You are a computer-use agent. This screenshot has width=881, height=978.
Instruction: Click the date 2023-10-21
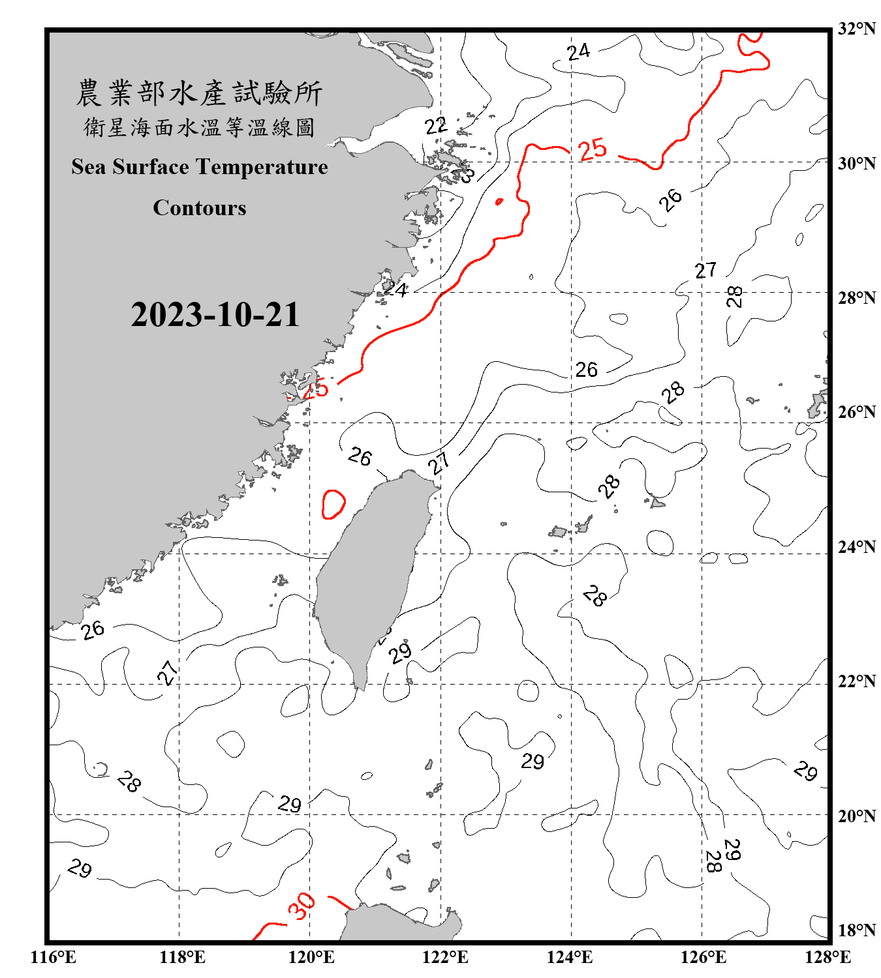tap(215, 315)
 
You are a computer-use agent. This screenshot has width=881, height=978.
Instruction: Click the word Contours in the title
tap(199, 208)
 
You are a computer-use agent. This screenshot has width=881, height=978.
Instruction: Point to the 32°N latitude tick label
tap(856, 29)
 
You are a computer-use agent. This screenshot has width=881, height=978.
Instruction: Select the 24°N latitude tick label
tap(856, 547)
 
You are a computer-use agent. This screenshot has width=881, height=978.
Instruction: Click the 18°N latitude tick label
tap(856, 930)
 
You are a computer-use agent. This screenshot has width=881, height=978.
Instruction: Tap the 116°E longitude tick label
tap(53, 957)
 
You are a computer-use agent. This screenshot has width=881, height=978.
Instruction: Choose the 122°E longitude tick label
tap(445, 957)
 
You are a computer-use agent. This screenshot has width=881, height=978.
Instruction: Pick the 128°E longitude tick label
tap(827, 957)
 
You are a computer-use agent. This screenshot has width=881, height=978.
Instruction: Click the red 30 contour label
tap(301, 906)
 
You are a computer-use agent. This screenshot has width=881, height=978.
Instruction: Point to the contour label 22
tap(435, 125)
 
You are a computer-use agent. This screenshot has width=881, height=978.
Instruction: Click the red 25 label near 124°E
tap(593, 150)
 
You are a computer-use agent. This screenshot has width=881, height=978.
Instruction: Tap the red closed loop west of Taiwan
tap(333, 504)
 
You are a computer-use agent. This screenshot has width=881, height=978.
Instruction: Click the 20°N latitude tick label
tap(856, 816)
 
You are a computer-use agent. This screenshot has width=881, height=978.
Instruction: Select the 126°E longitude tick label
tap(703, 957)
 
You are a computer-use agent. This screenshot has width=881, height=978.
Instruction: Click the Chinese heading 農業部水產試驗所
tap(199, 93)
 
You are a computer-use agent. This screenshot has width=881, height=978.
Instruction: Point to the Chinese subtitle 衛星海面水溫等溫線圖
tap(199, 128)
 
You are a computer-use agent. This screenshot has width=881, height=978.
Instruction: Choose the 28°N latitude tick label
tap(856, 298)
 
